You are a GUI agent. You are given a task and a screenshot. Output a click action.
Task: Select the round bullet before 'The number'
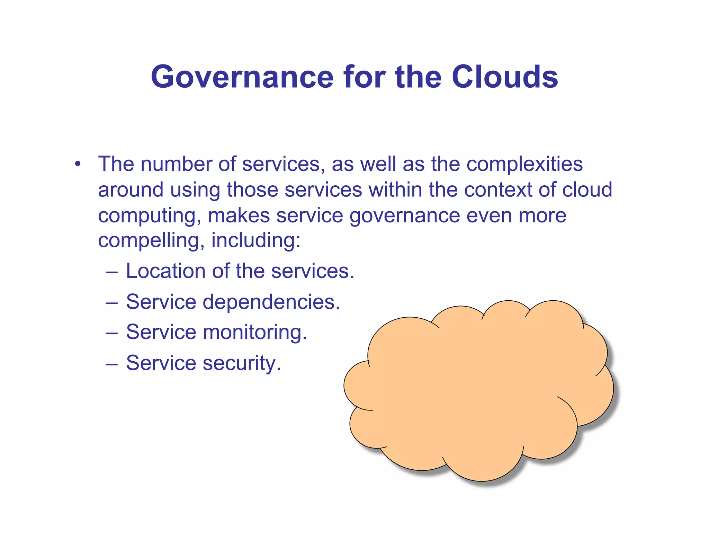(x=78, y=164)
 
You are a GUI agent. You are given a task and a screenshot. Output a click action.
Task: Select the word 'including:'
(x=256, y=241)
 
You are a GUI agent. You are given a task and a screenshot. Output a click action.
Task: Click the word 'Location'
(x=166, y=271)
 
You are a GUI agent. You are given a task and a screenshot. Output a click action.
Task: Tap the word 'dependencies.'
(x=271, y=302)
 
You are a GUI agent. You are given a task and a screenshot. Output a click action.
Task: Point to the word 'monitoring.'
(x=255, y=333)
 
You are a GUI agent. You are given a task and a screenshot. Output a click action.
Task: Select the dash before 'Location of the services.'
(x=111, y=272)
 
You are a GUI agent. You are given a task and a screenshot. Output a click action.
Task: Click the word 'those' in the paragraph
(x=252, y=190)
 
